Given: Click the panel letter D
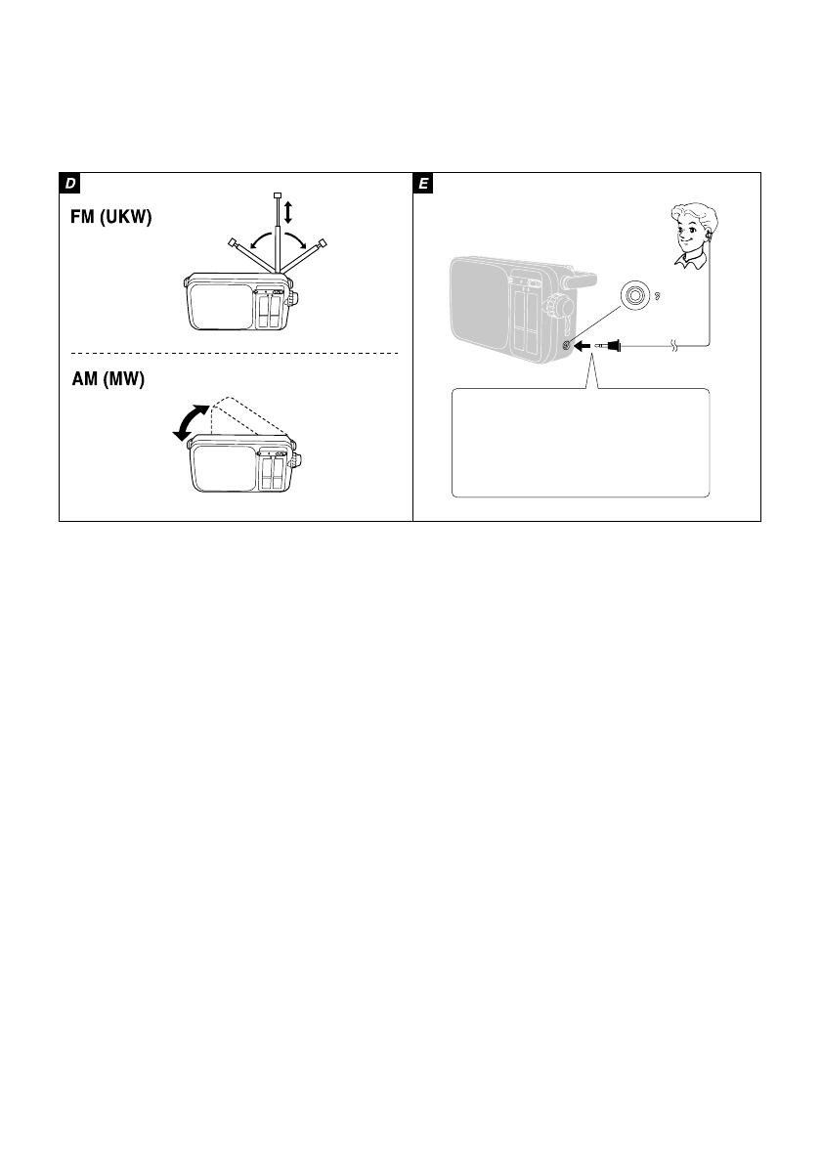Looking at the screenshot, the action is pos(70,184).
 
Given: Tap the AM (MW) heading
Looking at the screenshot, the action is pos(108,382).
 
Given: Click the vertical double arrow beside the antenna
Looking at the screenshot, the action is pos(288,211).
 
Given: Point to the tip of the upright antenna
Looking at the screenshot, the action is pos(278,194).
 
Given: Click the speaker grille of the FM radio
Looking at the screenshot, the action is pos(220,305).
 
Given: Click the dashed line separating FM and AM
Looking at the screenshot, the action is pos(235,352).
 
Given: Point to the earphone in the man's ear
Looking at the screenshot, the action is pos(707,236).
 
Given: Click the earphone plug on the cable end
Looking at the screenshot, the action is pos(613,345).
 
